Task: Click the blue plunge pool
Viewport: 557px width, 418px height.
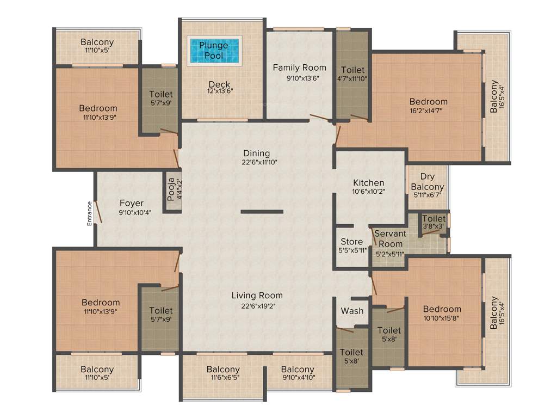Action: pyautogui.click(x=214, y=51)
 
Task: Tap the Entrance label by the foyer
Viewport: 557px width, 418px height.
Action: pyautogui.click(x=90, y=213)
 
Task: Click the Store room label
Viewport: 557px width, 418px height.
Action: pyautogui.click(x=351, y=242)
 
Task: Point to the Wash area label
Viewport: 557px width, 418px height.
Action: pyautogui.click(x=352, y=311)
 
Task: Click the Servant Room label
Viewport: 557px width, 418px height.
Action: pyautogui.click(x=390, y=238)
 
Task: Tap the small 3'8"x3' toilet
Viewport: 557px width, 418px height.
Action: pyautogui.click(x=434, y=222)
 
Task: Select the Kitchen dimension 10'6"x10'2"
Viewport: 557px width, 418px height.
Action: pyautogui.click(x=369, y=192)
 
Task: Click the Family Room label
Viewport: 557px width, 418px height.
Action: pyautogui.click(x=299, y=67)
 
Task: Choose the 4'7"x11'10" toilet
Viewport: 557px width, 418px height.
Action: pyautogui.click(x=352, y=75)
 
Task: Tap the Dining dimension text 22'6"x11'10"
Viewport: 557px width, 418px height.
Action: pyautogui.click(x=256, y=162)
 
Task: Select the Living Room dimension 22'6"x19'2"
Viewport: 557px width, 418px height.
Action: pyautogui.click(x=257, y=305)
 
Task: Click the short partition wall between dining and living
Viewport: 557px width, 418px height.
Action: pyautogui.click(x=262, y=211)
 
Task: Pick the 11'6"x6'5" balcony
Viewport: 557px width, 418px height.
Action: pyautogui.click(x=223, y=373)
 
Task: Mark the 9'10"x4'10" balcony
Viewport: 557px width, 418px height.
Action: pyautogui.click(x=298, y=373)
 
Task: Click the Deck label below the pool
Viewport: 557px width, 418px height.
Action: pyautogui.click(x=219, y=84)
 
